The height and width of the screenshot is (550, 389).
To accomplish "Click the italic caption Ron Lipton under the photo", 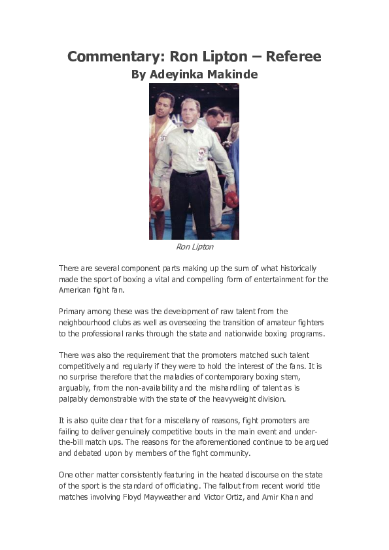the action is coord(195,247).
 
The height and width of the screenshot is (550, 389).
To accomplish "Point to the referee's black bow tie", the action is coord(188,130).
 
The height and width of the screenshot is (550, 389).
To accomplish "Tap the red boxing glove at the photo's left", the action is coord(157,202).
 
